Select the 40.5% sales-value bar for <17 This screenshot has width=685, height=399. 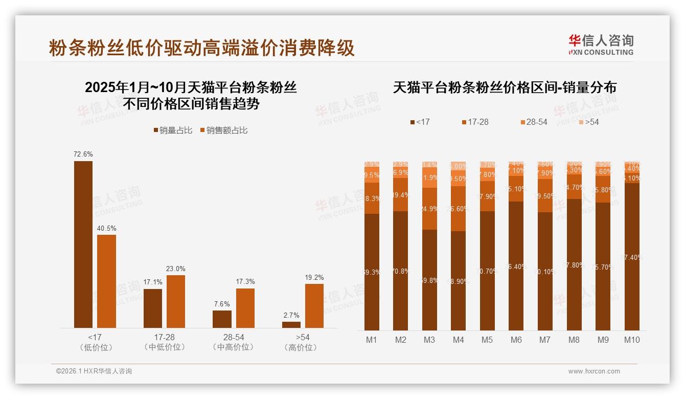coord(106,281)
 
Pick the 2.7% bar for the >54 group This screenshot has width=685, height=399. coord(291,325)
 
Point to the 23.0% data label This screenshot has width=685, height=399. coord(175,269)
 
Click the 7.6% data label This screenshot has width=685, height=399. coord(222,304)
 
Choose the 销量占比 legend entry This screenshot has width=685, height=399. coord(173,130)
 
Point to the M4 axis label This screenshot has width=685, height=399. coord(458,340)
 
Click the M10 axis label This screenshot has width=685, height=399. coord(632,340)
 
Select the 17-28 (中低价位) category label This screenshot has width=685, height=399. coord(164,342)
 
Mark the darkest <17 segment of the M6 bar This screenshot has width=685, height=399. coord(516,266)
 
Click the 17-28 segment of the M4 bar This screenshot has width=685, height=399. coord(458,208)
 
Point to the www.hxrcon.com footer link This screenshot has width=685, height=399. coord(594,371)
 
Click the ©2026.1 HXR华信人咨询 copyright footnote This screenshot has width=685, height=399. coord(94,371)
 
